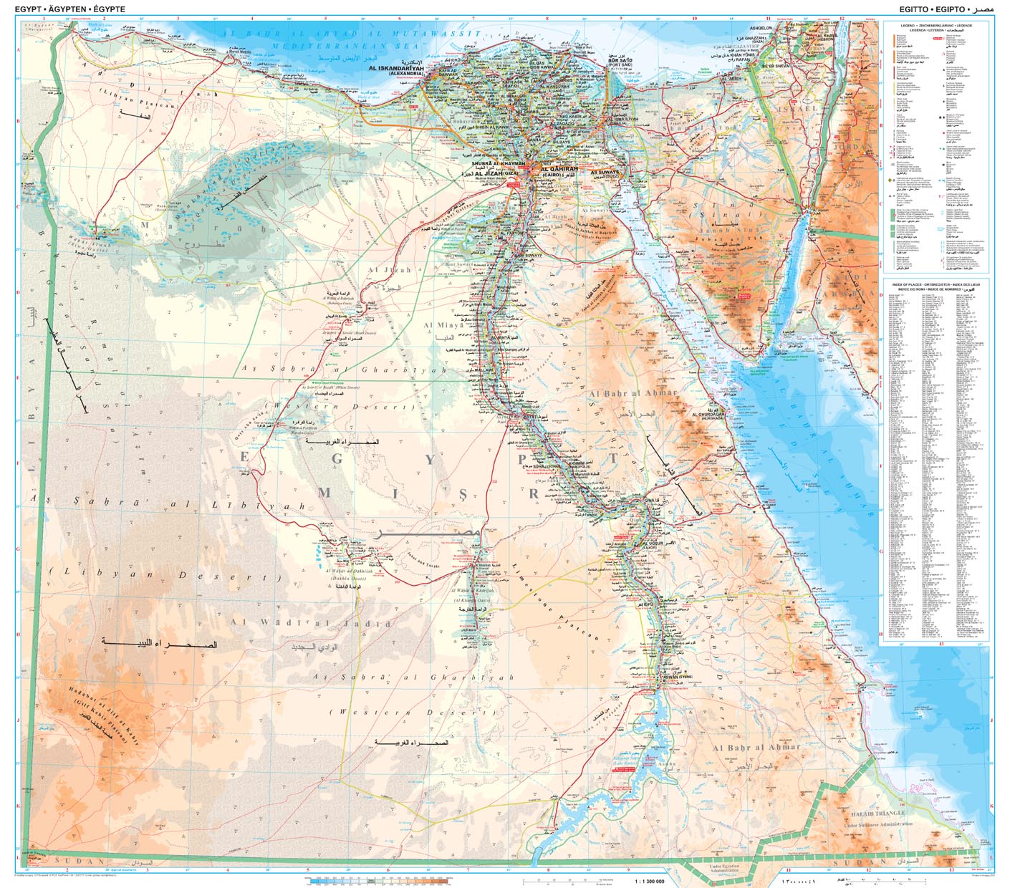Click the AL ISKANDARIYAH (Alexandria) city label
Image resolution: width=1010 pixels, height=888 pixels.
coord(396,68)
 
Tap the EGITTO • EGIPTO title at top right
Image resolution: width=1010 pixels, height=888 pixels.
coord(931,9)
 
